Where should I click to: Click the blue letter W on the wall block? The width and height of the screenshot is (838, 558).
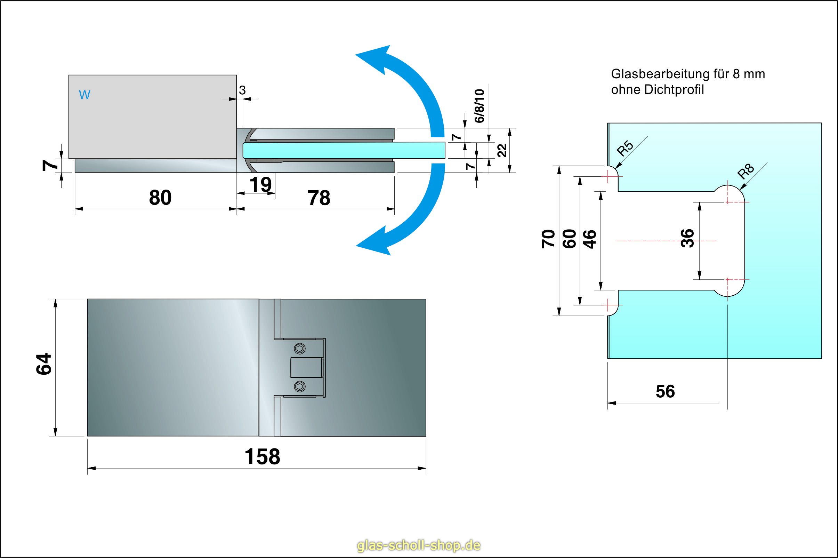84,95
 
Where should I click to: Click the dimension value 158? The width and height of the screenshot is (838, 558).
262,456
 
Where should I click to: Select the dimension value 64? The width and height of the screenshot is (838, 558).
44,364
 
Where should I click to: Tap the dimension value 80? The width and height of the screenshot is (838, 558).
160,198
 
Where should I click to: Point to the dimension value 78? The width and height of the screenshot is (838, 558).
319,198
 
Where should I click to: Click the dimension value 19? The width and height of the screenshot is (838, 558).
260,184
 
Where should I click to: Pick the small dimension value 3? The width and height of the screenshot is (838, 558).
242,90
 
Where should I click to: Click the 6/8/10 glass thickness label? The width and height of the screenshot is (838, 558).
480,106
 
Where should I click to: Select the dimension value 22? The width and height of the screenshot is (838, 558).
501,150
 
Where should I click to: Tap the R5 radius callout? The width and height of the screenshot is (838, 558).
625,149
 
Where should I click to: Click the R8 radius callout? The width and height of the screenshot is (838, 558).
745,171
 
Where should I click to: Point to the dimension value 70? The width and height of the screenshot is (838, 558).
548,239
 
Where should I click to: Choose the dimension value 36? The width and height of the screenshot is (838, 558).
687,238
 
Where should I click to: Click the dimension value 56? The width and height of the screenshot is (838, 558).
665,391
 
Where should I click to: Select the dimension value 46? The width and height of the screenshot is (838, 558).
589,239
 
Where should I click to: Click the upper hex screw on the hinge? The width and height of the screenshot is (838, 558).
300,348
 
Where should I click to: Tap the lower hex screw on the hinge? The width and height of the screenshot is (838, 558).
300,386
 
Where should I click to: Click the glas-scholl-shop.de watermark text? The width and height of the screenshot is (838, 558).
419,545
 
